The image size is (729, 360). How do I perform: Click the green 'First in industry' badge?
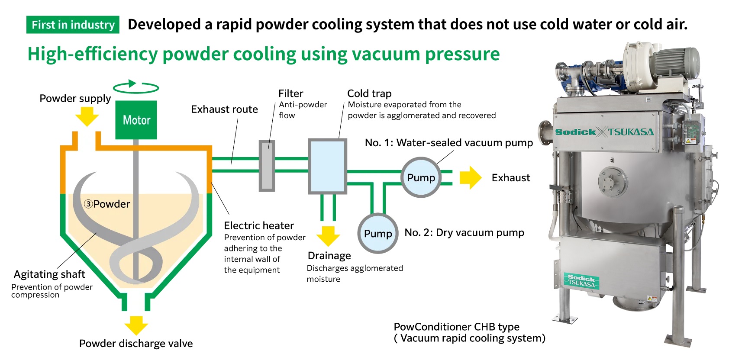coord(73,25)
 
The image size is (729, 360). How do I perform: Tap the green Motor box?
coord(136,120)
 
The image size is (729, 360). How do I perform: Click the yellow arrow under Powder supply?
coord(87,116)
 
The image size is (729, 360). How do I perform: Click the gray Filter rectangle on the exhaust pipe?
coord(267,165)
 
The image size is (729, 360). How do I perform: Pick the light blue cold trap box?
coord(327,166)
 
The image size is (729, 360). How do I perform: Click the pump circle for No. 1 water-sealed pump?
coord(420,177)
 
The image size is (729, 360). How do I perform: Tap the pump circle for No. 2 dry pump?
coord(377,234)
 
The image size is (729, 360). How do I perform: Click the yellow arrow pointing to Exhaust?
coord(470,177)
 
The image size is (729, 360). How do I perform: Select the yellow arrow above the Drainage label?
coord(328,236)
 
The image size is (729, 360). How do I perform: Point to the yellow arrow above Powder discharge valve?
coord(136,325)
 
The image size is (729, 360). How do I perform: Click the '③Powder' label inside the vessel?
coord(107,204)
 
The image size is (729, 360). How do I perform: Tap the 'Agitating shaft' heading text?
coord(49,274)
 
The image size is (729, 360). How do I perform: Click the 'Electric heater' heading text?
coord(258,225)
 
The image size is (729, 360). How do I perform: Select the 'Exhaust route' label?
coord(224,109)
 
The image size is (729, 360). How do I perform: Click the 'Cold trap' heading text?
coord(369,93)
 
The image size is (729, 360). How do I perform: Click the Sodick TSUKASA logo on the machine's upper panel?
coord(604,132)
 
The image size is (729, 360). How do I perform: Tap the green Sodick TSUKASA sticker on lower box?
coord(581,281)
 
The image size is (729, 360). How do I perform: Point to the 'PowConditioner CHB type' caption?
coord(456,327)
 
